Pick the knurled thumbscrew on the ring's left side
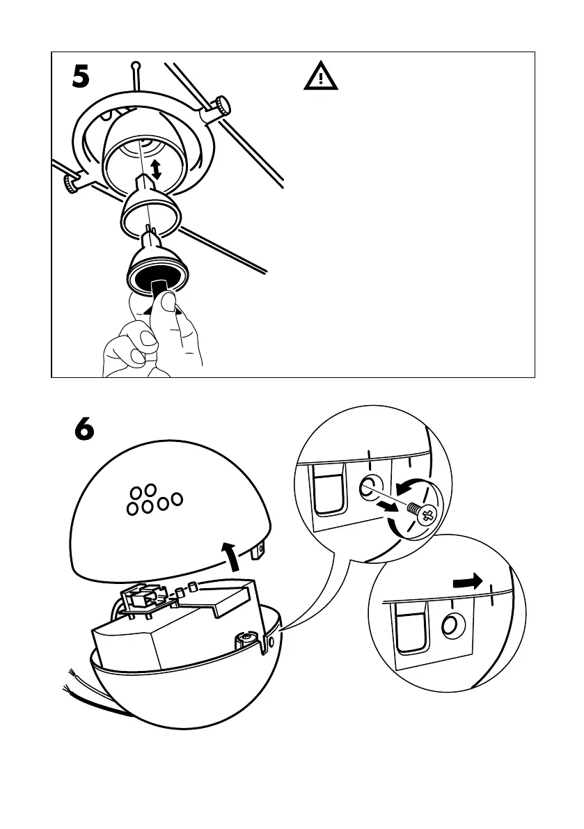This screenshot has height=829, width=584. click(70, 184)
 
